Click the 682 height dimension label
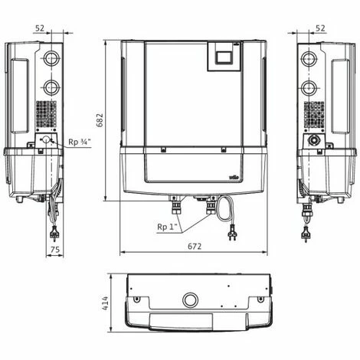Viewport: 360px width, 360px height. click(x=100, y=120)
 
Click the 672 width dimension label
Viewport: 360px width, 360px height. click(x=195, y=246)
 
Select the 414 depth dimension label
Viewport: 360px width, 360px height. click(x=105, y=303)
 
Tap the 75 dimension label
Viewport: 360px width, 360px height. click(x=55, y=250)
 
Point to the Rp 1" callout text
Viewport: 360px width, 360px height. click(x=167, y=227)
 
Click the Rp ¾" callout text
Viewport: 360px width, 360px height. click(x=80, y=142)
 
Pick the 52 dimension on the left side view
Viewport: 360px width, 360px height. click(x=40, y=28)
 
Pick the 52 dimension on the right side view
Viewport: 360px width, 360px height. click(x=320, y=28)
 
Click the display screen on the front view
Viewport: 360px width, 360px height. click(x=224, y=57)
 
